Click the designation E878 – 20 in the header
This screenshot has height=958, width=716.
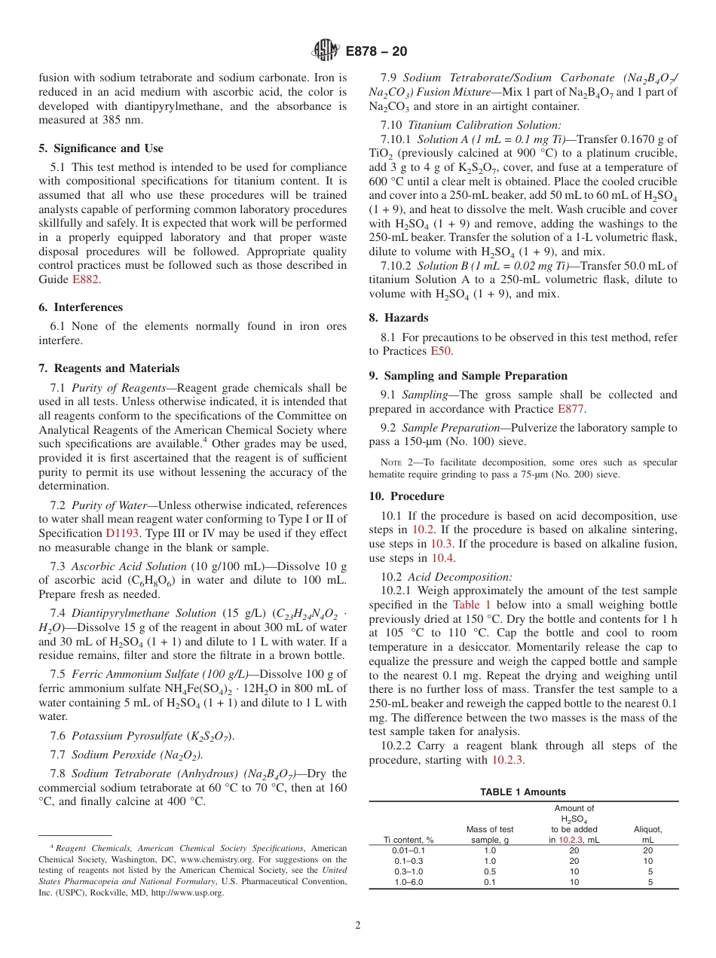click(377, 51)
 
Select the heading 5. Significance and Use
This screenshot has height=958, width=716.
click(101, 148)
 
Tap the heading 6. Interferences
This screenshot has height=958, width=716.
click(81, 307)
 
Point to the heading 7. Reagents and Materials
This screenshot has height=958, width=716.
click(109, 368)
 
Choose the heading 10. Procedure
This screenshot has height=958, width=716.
click(407, 496)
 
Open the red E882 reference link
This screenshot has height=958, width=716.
click(85, 279)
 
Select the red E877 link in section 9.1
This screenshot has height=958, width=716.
click(571, 409)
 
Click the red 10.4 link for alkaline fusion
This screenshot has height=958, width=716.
click(442, 558)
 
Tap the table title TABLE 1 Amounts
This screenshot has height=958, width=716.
click(523, 792)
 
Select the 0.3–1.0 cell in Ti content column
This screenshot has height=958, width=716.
click(408, 871)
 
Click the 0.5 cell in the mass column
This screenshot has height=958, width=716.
click(490, 871)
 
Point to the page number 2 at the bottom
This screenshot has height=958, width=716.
click(358, 926)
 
